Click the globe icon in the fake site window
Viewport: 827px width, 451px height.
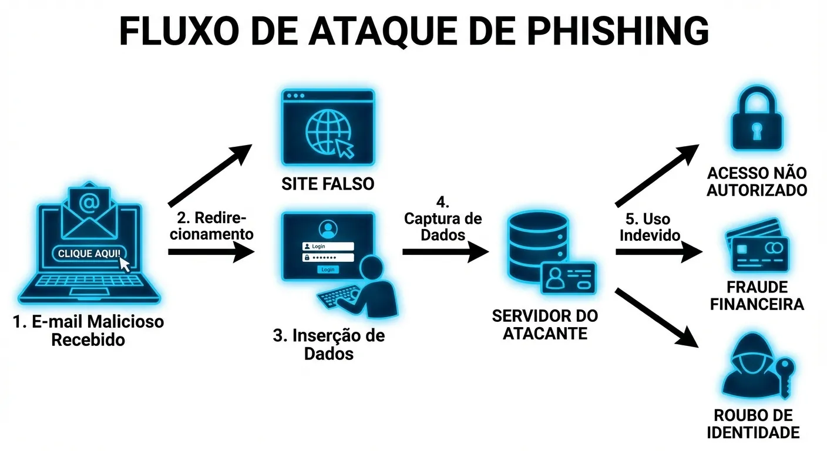click(327, 131)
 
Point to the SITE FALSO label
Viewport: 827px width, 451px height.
click(328, 184)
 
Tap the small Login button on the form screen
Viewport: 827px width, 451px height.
click(328, 269)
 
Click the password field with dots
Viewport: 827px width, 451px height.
click(328, 257)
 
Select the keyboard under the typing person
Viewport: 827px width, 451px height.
click(340, 297)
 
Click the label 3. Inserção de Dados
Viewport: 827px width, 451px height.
click(329, 345)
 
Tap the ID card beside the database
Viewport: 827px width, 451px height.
click(569, 278)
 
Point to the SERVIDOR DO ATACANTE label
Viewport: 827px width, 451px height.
click(544, 324)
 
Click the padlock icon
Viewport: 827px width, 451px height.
click(757, 120)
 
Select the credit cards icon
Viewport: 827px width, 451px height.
click(758, 246)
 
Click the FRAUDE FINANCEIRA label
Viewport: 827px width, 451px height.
click(757, 296)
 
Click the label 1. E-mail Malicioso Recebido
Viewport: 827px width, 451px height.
click(88, 331)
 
